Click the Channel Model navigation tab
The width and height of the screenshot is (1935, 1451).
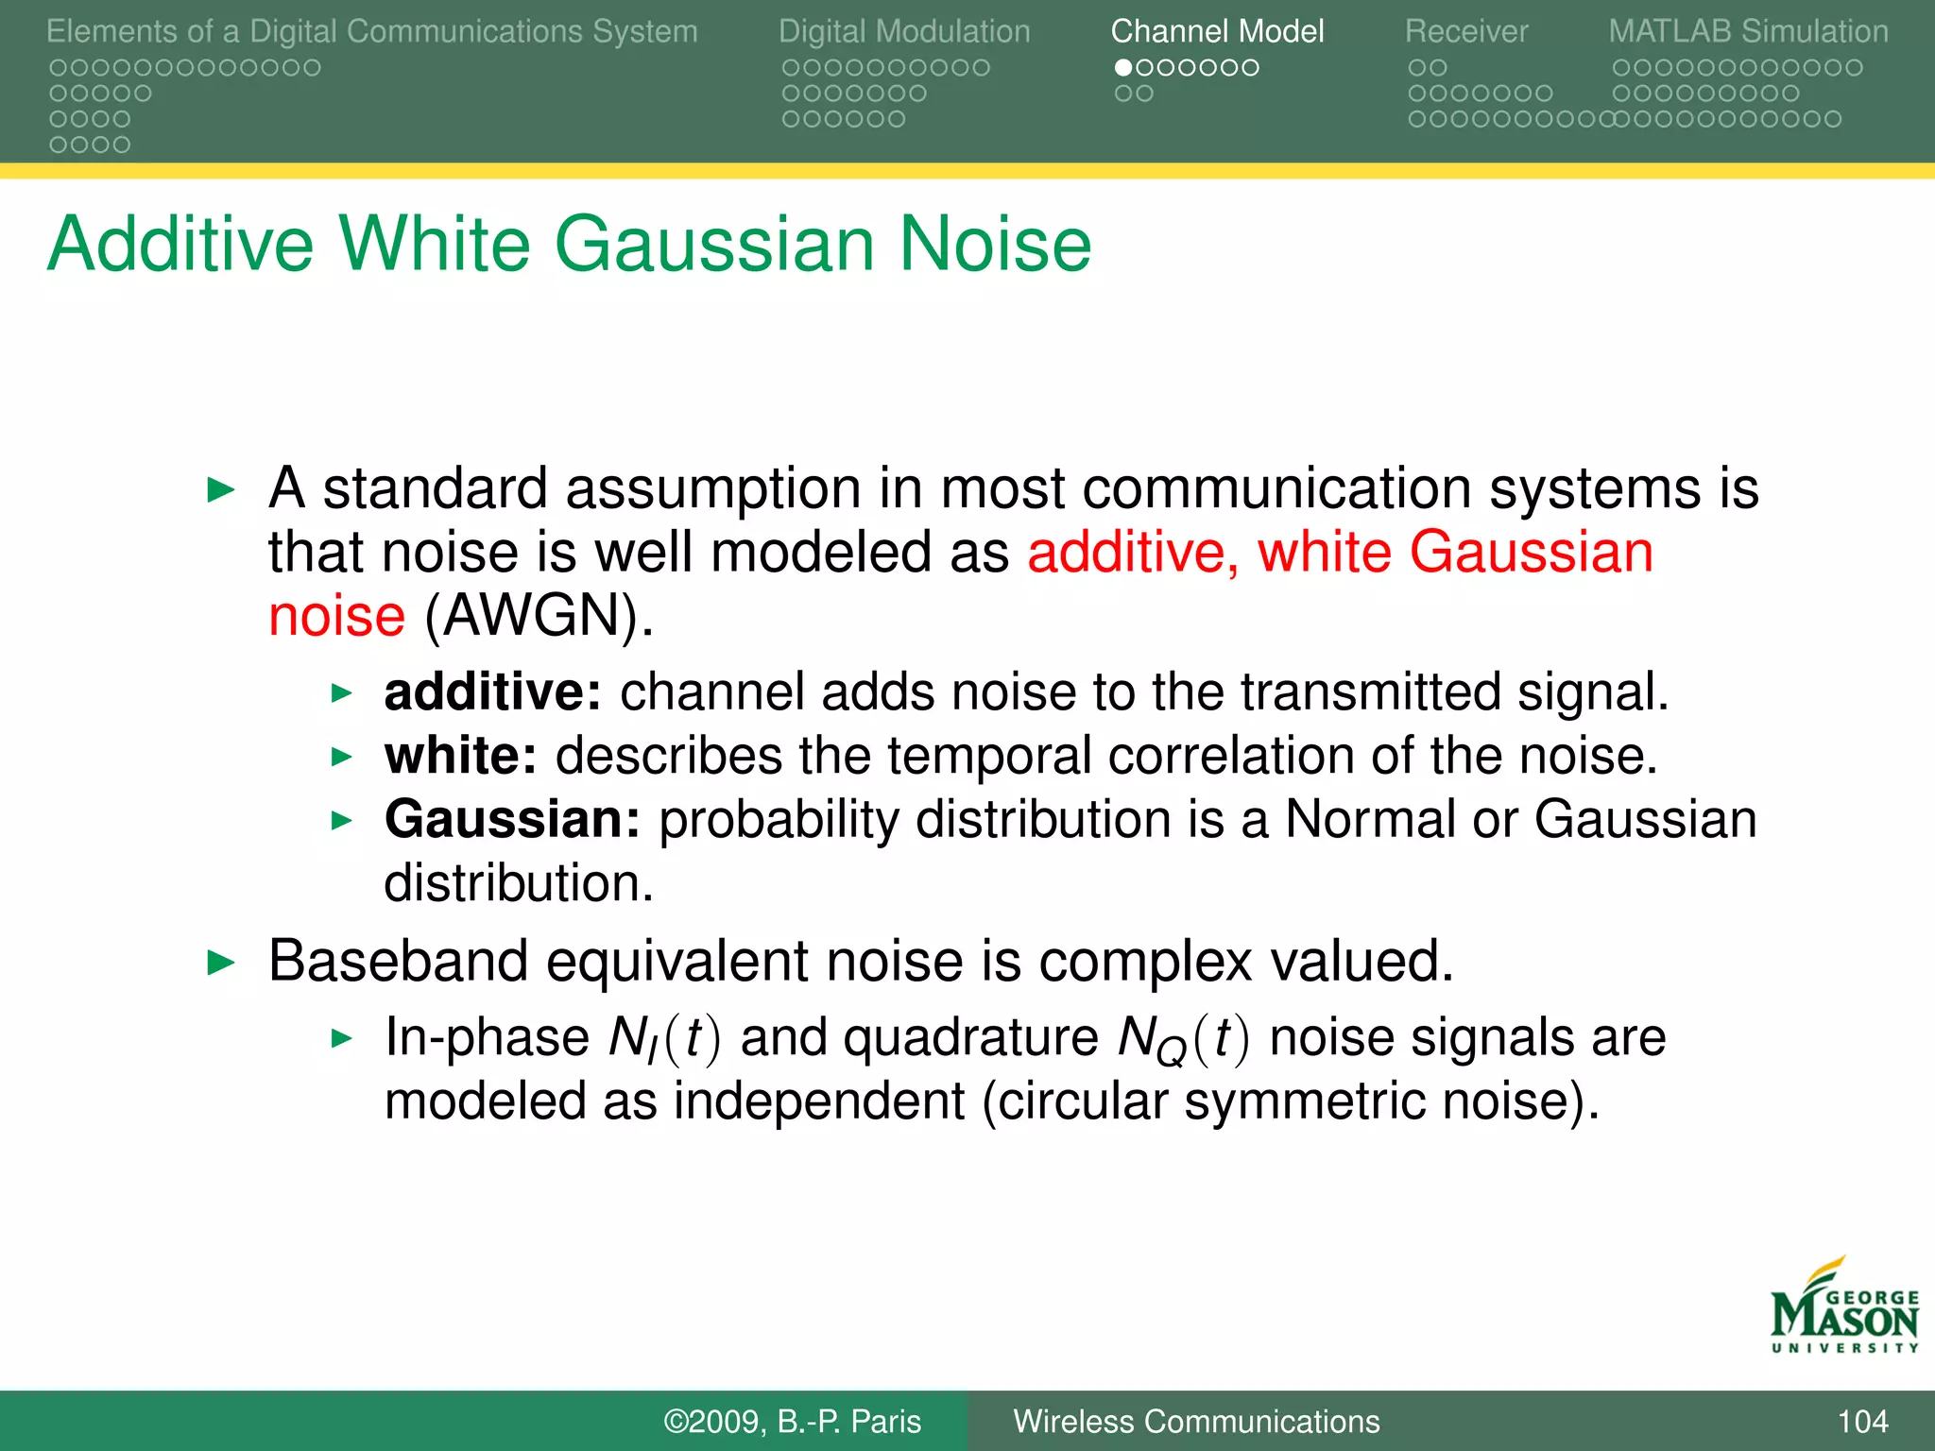click(x=1217, y=32)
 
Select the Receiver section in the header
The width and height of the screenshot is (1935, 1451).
click(x=1465, y=32)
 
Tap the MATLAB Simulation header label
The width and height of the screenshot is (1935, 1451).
click(x=1748, y=32)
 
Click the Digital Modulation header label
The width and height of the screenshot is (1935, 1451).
click(x=904, y=32)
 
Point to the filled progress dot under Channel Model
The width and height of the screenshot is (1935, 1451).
click(x=1123, y=68)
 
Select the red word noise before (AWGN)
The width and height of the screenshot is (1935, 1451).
click(x=336, y=616)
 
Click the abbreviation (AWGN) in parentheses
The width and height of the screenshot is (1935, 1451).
click(x=539, y=616)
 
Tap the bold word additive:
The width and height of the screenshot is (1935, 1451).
click(x=492, y=691)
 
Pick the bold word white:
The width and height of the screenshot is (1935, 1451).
click(x=460, y=756)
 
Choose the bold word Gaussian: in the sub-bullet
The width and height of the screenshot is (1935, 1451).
click(x=512, y=819)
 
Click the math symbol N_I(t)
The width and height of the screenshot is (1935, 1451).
click(x=664, y=1039)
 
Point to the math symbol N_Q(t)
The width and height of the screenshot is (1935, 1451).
click(x=1183, y=1039)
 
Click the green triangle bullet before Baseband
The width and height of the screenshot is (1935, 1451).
click(x=220, y=963)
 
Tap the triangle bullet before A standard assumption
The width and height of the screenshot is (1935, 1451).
click(x=220, y=489)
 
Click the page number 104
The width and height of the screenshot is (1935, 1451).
click(x=1862, y=1422)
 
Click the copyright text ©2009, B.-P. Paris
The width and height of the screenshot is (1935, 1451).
click(x=792, y=1422)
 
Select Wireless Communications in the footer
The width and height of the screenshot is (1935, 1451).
click(x=1196, y=1422)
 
